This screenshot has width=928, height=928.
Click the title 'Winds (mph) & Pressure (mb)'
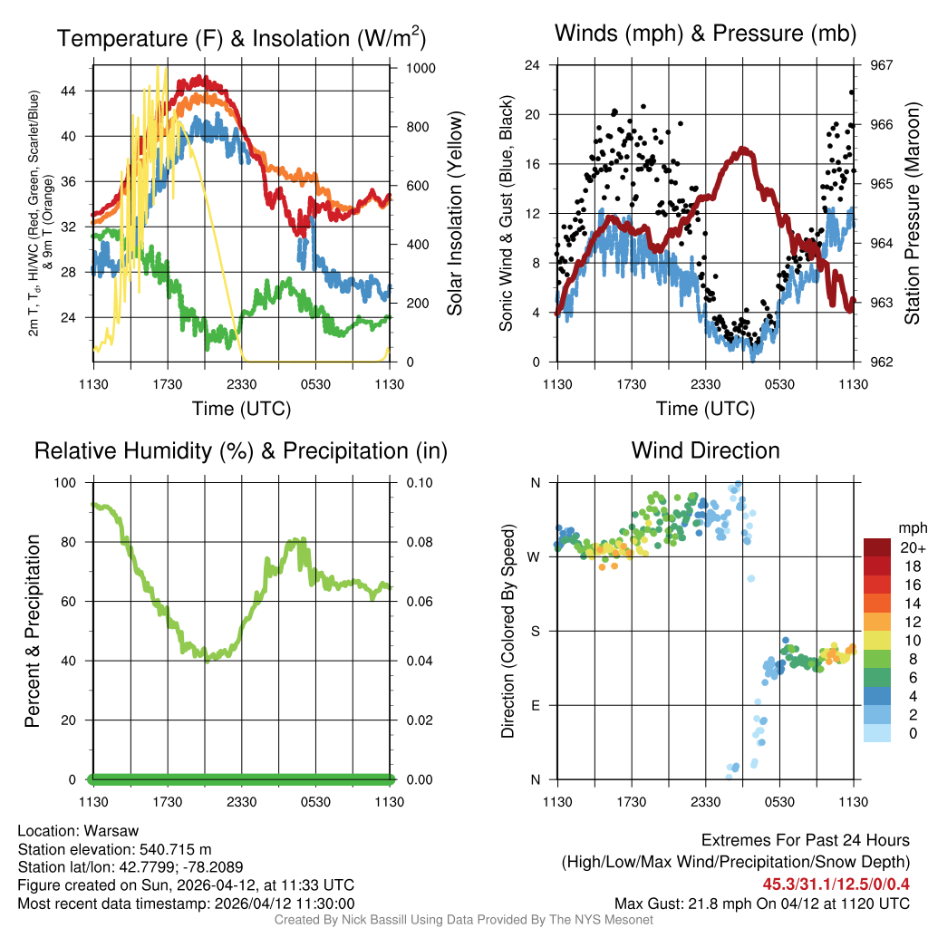(705, 34)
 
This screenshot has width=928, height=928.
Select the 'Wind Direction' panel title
(705, 450)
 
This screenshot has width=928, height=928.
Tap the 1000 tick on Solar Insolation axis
(422, 68)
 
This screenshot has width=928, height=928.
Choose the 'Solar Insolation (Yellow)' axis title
(455, 214)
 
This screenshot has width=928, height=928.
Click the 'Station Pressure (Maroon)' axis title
(912, 214)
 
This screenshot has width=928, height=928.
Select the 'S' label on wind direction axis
(536, 632)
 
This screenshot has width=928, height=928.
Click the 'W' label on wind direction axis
(536, 557)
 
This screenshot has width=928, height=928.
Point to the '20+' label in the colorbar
(913, 547)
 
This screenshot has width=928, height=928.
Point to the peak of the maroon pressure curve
(745, 149)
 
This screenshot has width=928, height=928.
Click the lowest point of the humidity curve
(208, 660)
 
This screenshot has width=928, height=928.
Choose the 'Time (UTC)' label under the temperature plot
(241, 410)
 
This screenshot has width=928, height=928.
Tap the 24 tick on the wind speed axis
(534, 65)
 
